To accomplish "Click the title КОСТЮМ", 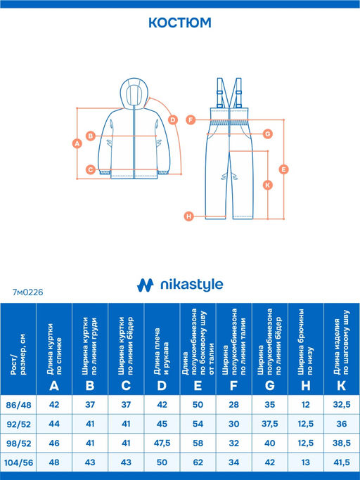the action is point(180,22).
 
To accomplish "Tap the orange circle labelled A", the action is point(77,143).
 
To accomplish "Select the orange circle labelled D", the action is point(173,119).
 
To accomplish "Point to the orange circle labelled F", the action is point(191,119).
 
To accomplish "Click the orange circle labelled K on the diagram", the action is point(268,185).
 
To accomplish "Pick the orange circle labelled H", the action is point(189,216).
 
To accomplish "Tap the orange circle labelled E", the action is point(283,169).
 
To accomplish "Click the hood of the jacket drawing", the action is point(134,93).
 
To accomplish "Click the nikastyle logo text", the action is point(192,285).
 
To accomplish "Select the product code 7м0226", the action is point(28,292).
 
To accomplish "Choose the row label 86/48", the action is point(18,405).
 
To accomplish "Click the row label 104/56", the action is point(18,462).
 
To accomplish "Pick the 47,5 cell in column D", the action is point(162,443).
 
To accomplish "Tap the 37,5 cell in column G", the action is point(269,424).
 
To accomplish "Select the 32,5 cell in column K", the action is point(342,405).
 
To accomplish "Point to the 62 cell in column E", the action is point(198,462).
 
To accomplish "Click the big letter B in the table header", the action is point(90,386).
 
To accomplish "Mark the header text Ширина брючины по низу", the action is point(305,342).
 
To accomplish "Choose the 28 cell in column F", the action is point(233,405).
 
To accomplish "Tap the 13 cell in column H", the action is point(305,462).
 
